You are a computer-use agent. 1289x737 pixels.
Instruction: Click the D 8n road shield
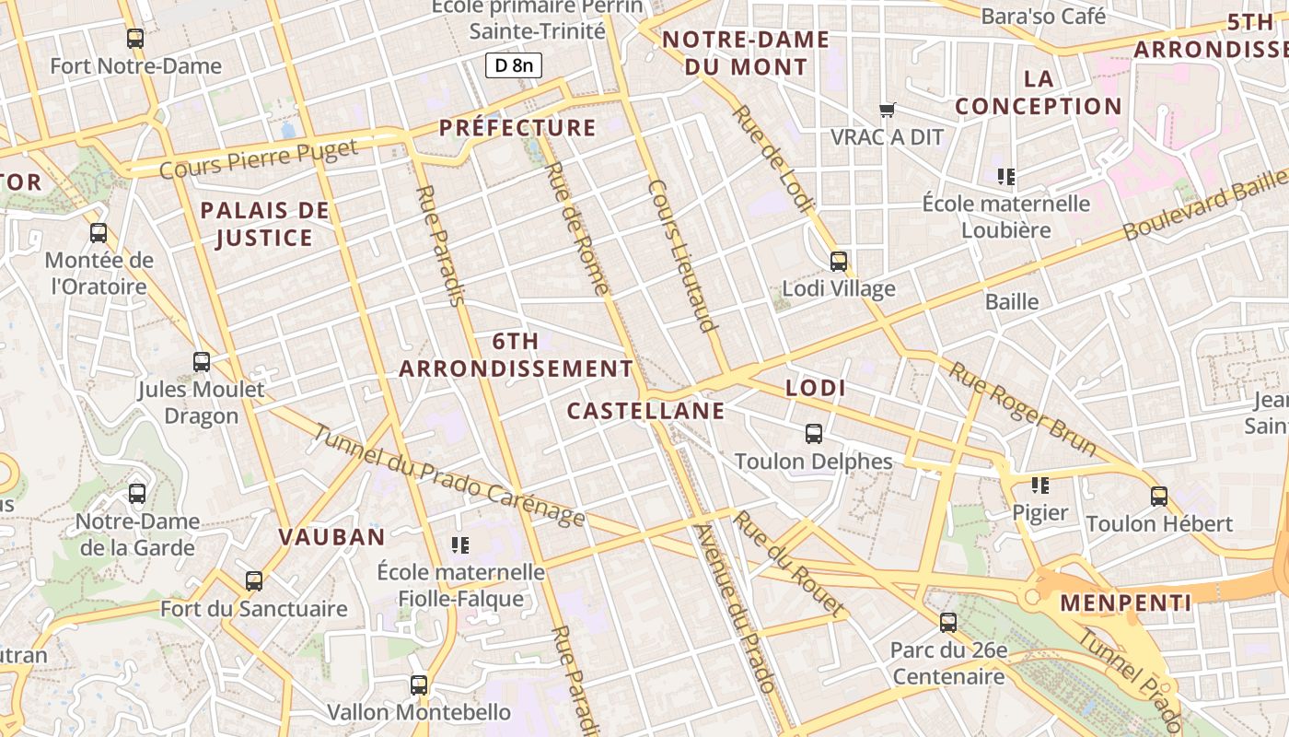point(514,65)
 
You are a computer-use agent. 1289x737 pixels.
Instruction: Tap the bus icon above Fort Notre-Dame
point(135,39)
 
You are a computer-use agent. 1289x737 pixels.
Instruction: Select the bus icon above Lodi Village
point(838,262)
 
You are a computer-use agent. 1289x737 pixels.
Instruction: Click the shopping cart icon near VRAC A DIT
point(888,111)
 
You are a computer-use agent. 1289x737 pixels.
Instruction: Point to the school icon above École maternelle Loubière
point(1005,176)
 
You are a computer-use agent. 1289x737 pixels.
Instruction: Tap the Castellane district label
point(645,411)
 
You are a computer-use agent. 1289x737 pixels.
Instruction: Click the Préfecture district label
point(517,127)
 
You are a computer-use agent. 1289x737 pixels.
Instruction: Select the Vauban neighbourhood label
point(331,537)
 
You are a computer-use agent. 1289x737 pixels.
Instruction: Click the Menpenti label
point(1126,603)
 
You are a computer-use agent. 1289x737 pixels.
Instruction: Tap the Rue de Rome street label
point(577,228)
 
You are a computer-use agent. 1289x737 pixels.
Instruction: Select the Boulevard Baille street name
point(1204,205)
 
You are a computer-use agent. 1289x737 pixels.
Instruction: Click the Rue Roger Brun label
point(1022,409)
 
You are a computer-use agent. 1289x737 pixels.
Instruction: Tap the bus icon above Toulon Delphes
point(814,434)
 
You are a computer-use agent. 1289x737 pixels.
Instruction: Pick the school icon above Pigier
point(1040,485)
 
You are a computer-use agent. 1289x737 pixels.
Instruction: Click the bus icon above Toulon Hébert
point(1159,497)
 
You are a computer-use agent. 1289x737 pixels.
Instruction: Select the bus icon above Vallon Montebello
point(419,685)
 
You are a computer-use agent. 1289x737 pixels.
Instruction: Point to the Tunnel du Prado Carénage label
point(448,475)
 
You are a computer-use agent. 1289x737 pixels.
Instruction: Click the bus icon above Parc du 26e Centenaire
point(948,623)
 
